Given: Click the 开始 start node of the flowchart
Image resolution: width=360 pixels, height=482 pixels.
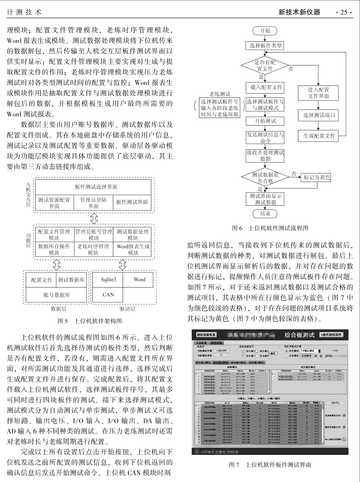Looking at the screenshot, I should tap(265, 31).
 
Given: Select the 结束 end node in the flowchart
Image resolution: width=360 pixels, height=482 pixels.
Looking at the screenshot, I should tap(265, 214).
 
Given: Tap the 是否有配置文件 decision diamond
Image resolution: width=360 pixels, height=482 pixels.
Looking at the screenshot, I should tap(265, 65).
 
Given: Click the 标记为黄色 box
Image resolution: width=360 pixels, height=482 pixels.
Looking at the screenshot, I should tap(317, 177).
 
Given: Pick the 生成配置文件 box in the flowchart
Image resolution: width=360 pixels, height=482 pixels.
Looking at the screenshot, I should tap(319, 136).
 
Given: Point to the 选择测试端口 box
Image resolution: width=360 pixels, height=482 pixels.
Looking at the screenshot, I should tap(319, 115).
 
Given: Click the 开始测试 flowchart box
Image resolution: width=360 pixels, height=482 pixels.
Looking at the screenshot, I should tap(265, 121).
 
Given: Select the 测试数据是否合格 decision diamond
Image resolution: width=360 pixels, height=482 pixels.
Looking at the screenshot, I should tap(265, 178).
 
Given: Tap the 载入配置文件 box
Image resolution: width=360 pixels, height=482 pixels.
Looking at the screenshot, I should tap(265, 87).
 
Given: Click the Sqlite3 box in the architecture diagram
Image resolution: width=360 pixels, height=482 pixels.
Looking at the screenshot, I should tap(108, 280).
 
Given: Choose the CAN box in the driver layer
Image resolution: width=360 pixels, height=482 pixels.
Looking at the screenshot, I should tap(108, 294).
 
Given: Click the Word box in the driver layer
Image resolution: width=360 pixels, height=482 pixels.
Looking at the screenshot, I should tap(139, 280).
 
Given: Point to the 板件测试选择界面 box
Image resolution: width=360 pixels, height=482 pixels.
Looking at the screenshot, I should tap(96, 187).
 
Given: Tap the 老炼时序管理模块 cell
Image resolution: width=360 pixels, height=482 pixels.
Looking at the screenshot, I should tap(93, 249).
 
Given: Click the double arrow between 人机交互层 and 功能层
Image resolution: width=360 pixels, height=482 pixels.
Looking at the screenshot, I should tap(94, 218).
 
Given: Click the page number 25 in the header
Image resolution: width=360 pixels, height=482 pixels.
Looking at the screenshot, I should tap(344, 12).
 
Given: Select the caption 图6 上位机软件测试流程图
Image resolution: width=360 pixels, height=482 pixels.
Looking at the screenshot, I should tap(270, 228).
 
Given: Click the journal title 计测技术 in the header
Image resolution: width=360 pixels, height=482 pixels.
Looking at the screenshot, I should tap(24, 12).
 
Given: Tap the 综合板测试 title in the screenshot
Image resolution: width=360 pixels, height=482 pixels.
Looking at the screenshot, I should tap(299, 335).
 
